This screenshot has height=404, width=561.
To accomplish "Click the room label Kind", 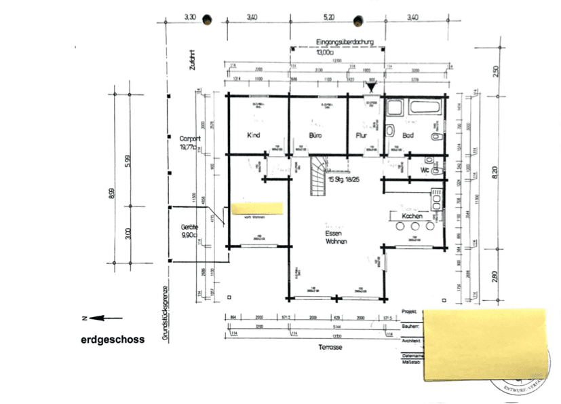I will [254, 135].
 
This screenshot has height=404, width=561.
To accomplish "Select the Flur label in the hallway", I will [362, 135].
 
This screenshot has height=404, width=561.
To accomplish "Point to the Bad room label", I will [408, 135].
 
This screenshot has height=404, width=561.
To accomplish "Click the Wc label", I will [425, 170].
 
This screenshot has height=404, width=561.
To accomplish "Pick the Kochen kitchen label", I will [412, 217].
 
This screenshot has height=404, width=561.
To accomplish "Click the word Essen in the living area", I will [336, 232].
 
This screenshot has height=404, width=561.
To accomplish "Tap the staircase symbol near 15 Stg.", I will [317, 175].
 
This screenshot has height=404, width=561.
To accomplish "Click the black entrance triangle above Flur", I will [371, 86].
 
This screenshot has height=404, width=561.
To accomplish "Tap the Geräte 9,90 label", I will [188, 230].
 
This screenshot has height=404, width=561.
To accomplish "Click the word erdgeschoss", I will [113, 339].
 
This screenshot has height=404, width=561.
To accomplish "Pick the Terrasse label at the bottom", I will [329, 347].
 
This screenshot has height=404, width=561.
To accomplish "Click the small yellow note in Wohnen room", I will [257, 208].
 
